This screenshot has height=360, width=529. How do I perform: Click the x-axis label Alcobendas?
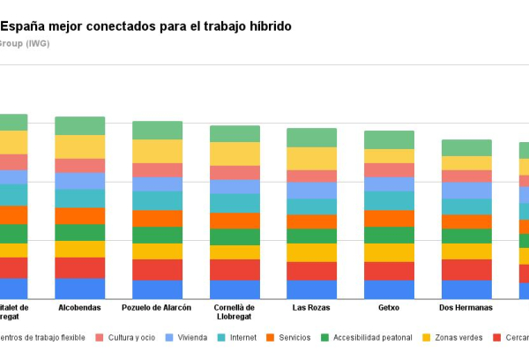click(79, 308)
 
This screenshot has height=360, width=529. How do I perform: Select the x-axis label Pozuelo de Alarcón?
click(157, 308)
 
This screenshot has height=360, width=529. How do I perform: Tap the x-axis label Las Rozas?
click(311, 308)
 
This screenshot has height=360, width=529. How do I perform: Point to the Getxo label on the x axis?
click(389, 308)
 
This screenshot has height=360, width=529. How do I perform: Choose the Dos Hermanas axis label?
click(466, 308)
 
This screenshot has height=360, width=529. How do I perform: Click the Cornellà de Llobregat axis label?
click(235, 312)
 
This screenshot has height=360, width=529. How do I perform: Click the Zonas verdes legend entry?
click(456, 337)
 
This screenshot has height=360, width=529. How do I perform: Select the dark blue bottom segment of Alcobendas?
click(79, 289)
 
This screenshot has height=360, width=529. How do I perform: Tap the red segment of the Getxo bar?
click(389, 271)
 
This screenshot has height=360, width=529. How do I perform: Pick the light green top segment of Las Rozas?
click(311, 137)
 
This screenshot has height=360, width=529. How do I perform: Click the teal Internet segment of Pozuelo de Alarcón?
click(157, 200)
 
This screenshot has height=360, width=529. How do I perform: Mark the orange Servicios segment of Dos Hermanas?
click(466, 221)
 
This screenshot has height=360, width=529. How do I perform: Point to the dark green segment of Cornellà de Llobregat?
click(235, 236)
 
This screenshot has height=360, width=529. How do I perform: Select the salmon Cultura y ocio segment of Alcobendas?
click(79, 165)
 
